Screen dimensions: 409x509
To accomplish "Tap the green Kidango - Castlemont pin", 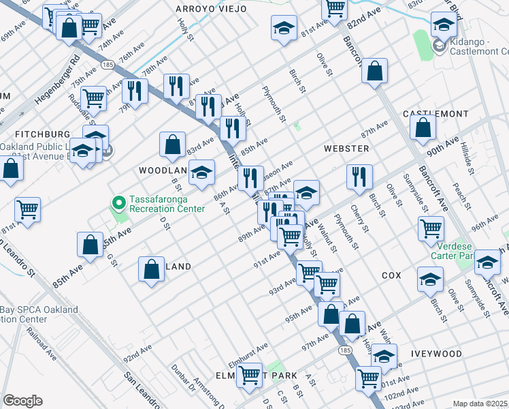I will pyautogui.click(x=440, y=48).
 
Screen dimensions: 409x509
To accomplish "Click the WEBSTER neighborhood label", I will pyautogui.click(x=346, y=148).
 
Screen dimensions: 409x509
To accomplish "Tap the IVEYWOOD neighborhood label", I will pyautogui.click(x=436, y=354).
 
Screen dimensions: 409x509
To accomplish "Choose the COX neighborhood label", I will pyautogui.click(x=391, y=275).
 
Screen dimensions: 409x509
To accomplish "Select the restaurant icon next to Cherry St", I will pyautogui.click(x=359, y=176).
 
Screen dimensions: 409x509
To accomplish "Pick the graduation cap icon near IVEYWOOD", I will pyautogui.click(x=384, y=356).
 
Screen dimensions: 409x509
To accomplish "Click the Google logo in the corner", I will pyautogui.click(x=22, y=401).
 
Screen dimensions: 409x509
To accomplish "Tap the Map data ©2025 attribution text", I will pyautogui.click(x=480, y=404).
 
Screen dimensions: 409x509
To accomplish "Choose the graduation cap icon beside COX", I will pyautogui.click(x=429, y=280).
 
